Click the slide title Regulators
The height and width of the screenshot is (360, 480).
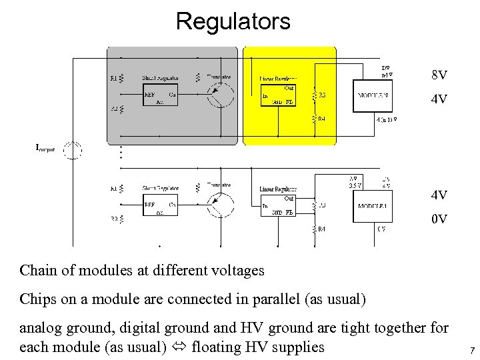[233, 21]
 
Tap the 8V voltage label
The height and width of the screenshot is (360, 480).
[439, 75]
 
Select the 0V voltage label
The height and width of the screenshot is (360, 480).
[439, 219]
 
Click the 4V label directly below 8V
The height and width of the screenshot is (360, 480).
[439, 100]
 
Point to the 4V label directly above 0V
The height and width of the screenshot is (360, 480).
[439, 195]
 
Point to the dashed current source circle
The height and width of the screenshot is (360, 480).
[72, 150]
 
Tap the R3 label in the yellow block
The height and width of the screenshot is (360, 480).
[322, 95]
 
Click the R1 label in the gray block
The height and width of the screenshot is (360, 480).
[113, 79]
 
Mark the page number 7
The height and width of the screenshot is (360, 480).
[471, 350]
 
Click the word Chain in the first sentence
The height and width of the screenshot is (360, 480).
[36, 271]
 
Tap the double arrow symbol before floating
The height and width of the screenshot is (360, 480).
[179, 347]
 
